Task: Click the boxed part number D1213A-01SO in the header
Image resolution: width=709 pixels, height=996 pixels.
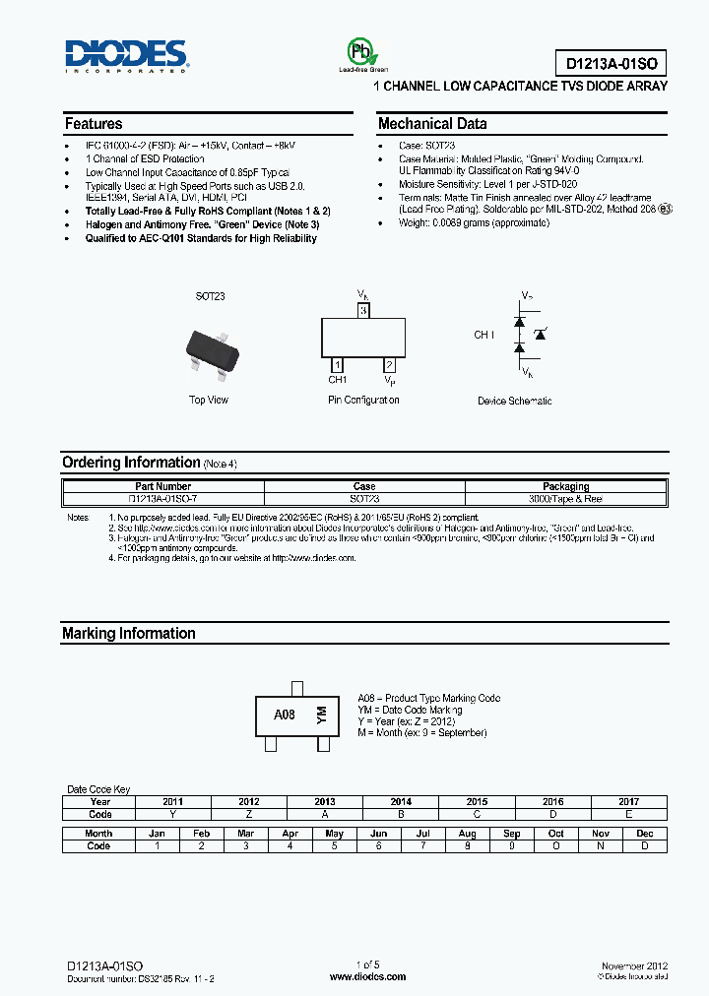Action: (x=615, y=64)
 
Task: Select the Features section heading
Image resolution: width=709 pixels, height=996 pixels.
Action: (x=94, y=124)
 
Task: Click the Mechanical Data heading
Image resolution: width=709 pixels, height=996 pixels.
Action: (x=432, y=124)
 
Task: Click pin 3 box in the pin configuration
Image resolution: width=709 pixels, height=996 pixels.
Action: (x=363, y=311)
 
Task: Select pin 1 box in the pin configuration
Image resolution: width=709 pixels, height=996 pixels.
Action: (x=337, y=365)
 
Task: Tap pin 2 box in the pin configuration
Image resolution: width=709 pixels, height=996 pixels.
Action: (x=390, y=365)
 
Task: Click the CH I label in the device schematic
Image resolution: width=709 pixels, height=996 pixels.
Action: (x=484, y=336)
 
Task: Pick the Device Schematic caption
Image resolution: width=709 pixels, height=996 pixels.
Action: (x=514, y=401)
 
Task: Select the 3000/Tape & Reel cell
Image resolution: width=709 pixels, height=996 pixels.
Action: (x=565, y=499)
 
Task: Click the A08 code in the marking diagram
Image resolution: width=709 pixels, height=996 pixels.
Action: (x=284, y=715)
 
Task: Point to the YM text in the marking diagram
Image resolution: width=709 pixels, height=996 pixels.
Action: (x=320, y=716)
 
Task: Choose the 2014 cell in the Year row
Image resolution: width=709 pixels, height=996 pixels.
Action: (x=401, y=802)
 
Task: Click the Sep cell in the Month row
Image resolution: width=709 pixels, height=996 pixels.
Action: (x=512, y=834)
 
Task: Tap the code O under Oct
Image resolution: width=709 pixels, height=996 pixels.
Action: (x=556, y=846)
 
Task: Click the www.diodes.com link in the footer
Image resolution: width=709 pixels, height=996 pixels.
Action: (x=366, y=976)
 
